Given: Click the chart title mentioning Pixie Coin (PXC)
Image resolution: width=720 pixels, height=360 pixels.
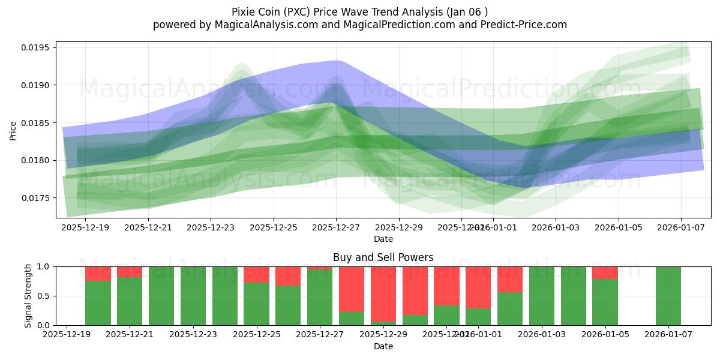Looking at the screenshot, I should (x=359, y=12).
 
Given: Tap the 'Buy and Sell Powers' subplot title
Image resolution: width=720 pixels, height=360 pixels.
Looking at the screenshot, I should (x=383, y=257).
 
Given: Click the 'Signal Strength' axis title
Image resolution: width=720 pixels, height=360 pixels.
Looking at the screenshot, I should (x=28, y=296).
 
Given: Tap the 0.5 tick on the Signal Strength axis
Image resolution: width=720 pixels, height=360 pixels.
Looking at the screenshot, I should (x=46, y=296).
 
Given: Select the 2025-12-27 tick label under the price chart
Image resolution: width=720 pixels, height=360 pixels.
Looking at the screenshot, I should (x=336, y=228).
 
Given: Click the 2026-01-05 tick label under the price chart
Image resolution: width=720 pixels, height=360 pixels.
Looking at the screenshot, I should (x=619, y=228).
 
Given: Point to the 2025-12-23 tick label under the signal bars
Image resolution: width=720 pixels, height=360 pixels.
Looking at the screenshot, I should (x=194, y=334).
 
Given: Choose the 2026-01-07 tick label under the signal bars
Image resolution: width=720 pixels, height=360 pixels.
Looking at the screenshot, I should (x=668, y=334).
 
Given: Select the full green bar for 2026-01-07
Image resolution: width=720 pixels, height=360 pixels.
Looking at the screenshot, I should (x=668, y=296).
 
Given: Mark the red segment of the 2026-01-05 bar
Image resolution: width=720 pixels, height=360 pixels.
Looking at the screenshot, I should (x=605, y=272).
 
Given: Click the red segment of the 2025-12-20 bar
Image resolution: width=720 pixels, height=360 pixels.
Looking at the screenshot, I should (x=98, y=274).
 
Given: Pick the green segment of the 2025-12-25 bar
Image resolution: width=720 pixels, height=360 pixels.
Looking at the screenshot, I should (x=256, y=304).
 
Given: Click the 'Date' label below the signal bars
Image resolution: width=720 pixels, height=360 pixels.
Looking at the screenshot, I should (x=383, y=346).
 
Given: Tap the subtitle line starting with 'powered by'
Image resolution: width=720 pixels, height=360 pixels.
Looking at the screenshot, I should (x=359, y=25).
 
